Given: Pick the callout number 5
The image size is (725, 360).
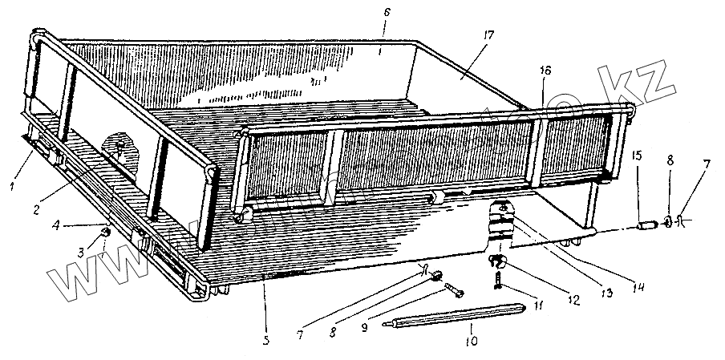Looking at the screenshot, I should click(265, 340).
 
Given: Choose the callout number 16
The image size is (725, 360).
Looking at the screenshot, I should click(545, 71).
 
